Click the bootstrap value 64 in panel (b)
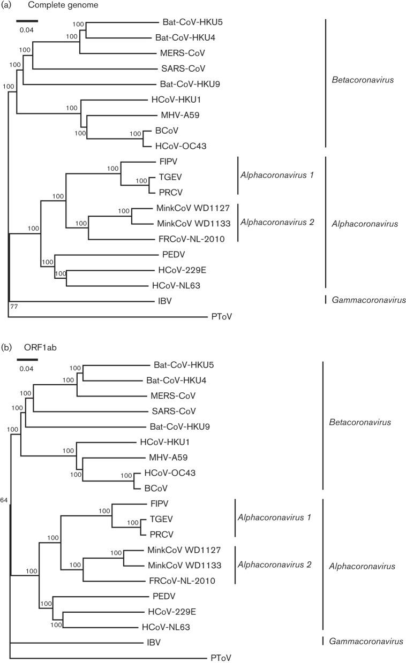tap(4, 500)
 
